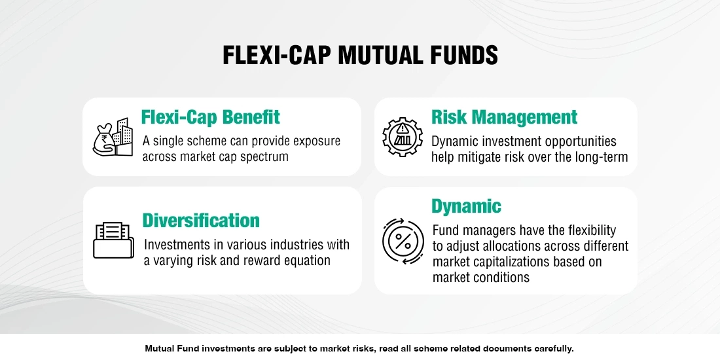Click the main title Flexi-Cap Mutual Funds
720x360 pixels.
pyautogui.click(x=360, y=56)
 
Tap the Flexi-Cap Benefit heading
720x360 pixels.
pyautogui.click(x=211, y=117)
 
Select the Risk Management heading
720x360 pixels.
pyautogui.click(x=504, y=117)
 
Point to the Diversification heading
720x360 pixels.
pyautogui.click(x=202, y=220)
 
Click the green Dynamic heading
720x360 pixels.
pyautogui.click(x=466, y=206)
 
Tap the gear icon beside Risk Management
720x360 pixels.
pyautogui.click(x=402, y=137)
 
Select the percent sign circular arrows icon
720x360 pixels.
pyautogui.click(x=402, y=240)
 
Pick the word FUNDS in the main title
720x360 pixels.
pyautogui.click(x=465, y=56)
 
